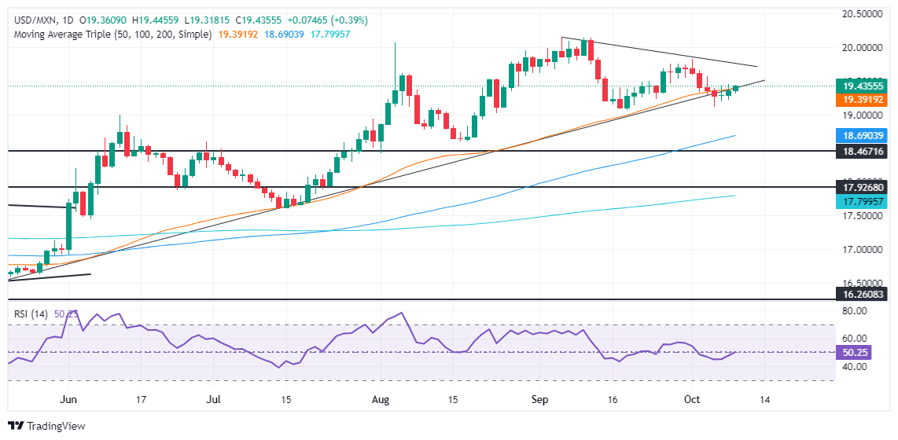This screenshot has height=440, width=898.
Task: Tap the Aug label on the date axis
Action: (380, 400)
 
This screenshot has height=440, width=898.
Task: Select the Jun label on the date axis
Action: (68, 400)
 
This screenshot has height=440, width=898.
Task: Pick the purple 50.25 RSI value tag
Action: (852, 353)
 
